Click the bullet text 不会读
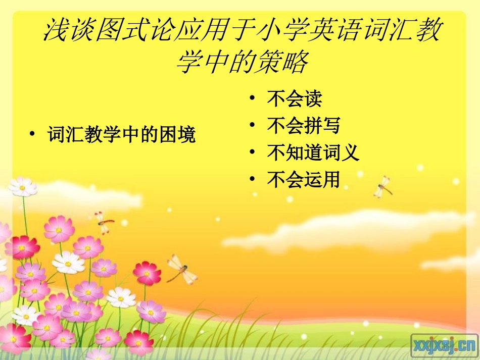pos(295,98)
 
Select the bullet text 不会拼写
pos(304,126)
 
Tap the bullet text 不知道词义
pos(313,152)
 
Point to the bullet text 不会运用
pos(304,179)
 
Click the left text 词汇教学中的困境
pos(121,135)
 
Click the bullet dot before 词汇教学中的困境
pos(32,135)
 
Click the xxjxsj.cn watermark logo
pos(444,345)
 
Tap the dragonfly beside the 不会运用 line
pos(382,187)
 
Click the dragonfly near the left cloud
pos(104,222)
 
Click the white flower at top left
pos(23,187)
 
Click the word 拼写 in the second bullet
pos(322,126)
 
